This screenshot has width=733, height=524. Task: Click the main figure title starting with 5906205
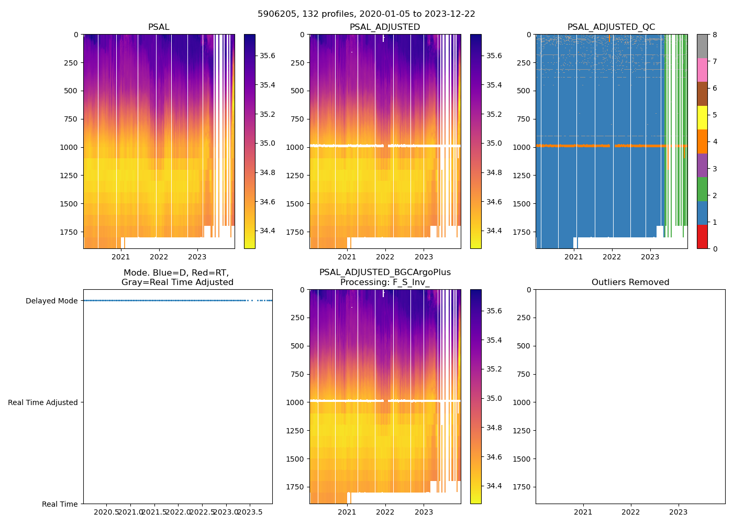point(366,14)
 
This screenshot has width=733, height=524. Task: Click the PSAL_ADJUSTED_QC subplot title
point(611,27)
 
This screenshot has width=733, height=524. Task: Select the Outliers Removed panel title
point(630,282)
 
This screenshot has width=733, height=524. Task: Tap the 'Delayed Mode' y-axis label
point(51,301)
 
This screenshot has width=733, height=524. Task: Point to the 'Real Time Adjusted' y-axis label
point(42,402)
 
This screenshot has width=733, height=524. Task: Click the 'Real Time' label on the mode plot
point(60,504)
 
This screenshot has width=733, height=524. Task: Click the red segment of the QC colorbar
point(702,237)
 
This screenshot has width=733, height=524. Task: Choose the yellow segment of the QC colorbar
point(702,118)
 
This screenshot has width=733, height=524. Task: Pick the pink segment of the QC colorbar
point(702,70)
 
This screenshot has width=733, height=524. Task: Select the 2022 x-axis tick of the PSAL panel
point(159,257)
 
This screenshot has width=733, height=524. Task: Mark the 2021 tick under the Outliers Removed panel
point(583,512)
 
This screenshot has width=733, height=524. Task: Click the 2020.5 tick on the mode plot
point(107,512)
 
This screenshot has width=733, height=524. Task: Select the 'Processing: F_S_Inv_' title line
point(385,282)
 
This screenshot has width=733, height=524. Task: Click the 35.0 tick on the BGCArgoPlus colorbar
point(494,398)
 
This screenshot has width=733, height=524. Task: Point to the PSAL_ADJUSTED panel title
point(385,27)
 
